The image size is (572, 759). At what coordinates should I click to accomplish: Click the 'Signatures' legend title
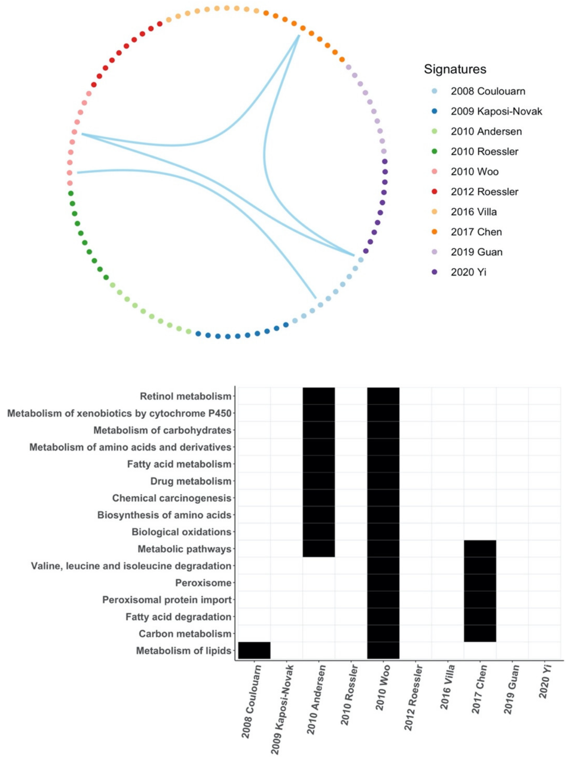(455, 69)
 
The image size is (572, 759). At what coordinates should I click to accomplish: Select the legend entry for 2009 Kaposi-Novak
(496, 111)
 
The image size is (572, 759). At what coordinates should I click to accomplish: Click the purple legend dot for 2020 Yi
(434, 272)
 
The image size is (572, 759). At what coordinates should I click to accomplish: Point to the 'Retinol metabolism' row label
(185, 396)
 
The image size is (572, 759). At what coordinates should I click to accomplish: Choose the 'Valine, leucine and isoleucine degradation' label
(131, 566)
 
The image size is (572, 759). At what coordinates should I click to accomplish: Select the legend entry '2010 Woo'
(474, 171)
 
